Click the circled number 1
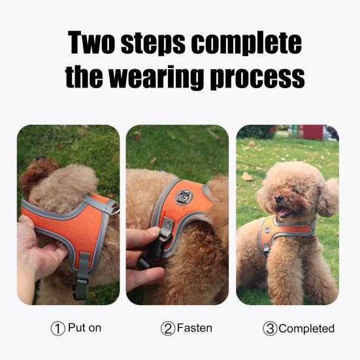pos(58,329)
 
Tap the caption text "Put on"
pos(84,328)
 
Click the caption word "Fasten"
pos(194,328)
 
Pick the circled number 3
pos(270,329)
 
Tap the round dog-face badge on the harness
pos(183,197)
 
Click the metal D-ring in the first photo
pos(114,208)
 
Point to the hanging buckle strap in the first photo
pos(82,274)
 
